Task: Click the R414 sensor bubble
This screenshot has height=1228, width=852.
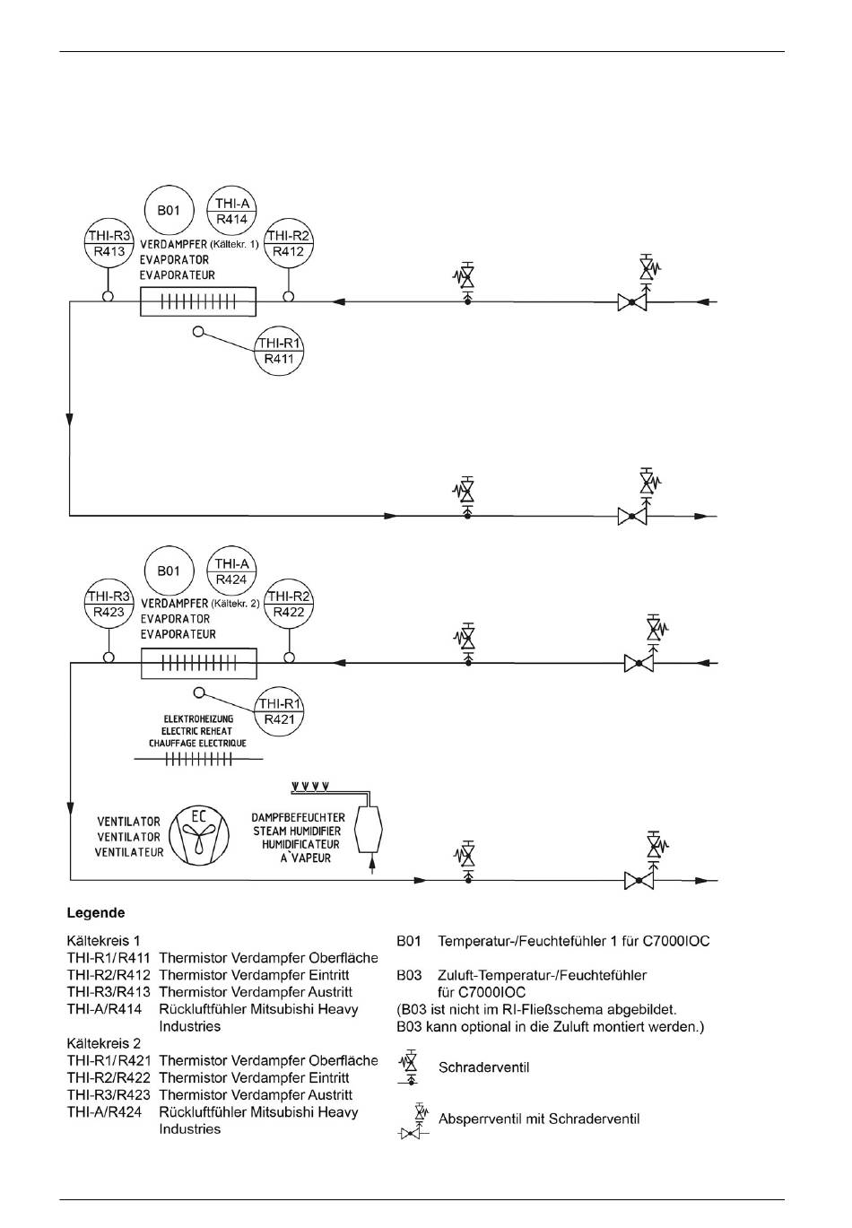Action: pyautogui.click(x=232, y=211)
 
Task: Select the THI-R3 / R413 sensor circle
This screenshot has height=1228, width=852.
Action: pyautogui.click(x=109, y=243)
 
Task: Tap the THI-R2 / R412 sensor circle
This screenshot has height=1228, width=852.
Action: pyautogui.click(x=288, y=243)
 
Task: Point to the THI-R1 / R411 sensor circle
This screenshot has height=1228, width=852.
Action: pyautogui.click(x=279, y=351)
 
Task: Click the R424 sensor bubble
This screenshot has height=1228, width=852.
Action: pyautogui.click(x=232, y=571)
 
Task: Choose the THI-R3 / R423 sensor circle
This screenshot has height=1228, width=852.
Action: pyautogui.click(x=109, y=605)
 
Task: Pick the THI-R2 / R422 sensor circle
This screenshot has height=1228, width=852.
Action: pyautogui.click(x=289, y=604)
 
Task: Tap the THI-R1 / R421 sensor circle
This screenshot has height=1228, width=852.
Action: pyautogui.click(x=279, y=711)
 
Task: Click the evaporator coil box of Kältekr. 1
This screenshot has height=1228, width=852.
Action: pyautogui.click(x=198, y=301)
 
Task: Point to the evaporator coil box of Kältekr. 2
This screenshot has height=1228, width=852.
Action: pyautogui.click(x=199, y=664)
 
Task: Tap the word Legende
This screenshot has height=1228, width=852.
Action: pyautogui.click(x=96, y=913)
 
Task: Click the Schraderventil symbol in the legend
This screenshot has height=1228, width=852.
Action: pyautogui.click(x=411, y=1066)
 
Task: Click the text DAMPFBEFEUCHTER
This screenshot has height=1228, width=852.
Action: pyautogui.click(x=298, y=818)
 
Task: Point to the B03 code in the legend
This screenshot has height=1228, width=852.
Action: pyautogui.click(x=409, y=975)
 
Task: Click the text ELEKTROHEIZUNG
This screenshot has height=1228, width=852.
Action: pyautogui.click(x=197, y=719)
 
